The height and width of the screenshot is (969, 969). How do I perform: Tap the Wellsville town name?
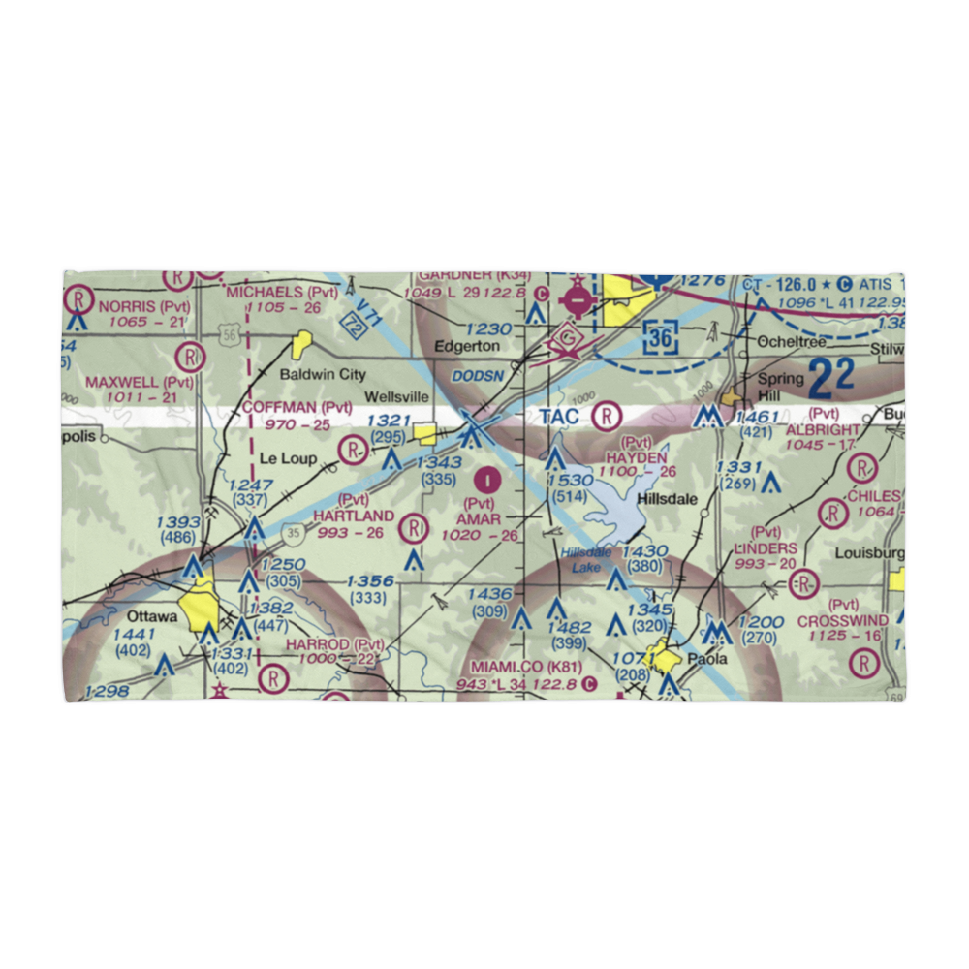point(396,397)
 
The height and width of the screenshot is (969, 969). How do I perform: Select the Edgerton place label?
point(467,346)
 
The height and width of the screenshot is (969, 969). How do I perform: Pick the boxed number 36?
point(661,338)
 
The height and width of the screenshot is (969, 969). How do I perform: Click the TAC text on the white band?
point(559,418)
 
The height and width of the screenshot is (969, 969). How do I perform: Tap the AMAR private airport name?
point(478,519)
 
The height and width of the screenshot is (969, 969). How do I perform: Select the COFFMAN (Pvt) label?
point(297,407)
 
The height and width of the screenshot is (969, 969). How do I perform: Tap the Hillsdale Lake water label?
point(585,560)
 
